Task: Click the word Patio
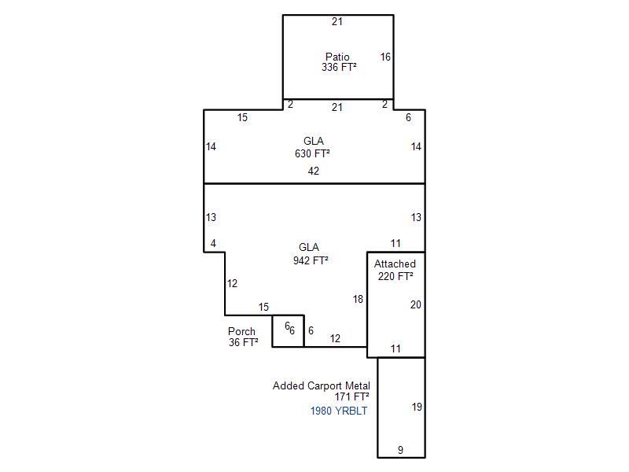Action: tap(337, 57)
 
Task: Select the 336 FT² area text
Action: tap(339, 67)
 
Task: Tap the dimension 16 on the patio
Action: tap(385, 57)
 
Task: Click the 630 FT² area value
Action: tap(312, 153)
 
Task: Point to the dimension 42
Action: tap(314, 171)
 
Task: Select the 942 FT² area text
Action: tap(311, 260)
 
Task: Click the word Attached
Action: tap(395, 264)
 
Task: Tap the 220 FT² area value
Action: tap(395, 276)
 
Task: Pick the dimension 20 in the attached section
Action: tap(416, 304)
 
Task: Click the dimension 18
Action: tap(359, 299)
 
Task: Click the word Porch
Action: tap(241, 331)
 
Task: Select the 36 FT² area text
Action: tap(244, 342)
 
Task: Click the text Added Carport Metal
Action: tap(322, 385)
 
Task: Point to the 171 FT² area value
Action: tap(351, 396)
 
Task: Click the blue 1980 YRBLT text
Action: tap(339, 411)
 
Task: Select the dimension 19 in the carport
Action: tap(417, 407)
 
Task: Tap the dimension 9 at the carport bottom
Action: tap(400, 450)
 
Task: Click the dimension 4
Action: tap(213, 243)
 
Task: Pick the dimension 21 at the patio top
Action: tap(337, 22)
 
